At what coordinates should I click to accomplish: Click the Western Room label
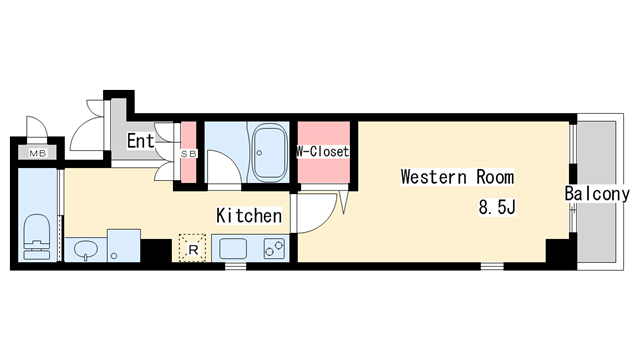tap(457, 177)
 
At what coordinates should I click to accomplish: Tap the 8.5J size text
tap(497, 207)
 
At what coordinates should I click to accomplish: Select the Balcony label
tap(597, 193)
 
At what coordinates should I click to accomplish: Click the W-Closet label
tap(322, 151)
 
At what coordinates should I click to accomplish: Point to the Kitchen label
tap(249, 216)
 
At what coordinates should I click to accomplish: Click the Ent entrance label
tap(141, 141)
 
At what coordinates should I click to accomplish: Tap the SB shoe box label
tap(189, 153)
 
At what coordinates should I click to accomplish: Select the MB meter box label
tap(38, 153)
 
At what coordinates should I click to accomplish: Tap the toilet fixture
tap(37, 237)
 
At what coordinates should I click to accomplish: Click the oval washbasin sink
tap(85, 248)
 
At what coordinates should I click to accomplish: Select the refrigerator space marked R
tap(193, 248)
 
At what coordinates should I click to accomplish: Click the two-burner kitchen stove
tap(274, 248)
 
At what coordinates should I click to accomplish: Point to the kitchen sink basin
tap(233, 249)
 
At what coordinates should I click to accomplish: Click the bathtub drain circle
tap(259, 153)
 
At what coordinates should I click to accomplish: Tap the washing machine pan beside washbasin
tap(124, 245)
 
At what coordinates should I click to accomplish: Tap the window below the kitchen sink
tap(236, 266)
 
